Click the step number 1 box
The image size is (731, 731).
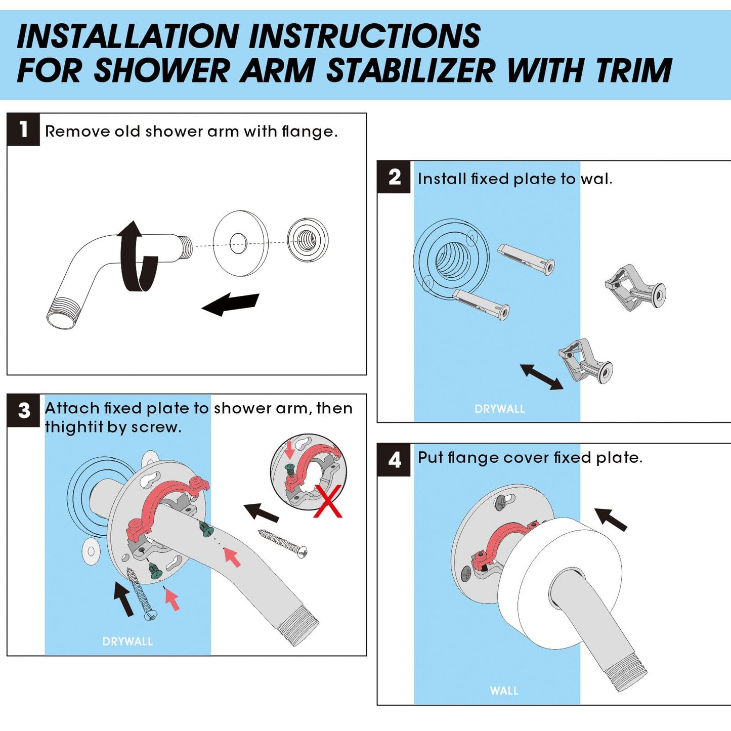(x=23, y=130)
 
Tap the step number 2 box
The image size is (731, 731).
(x=394, y=177)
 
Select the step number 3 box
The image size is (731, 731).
(x=23, y=410)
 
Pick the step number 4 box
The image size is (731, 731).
(x=394, y=460)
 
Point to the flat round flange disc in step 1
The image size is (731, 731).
(x=240, y=243)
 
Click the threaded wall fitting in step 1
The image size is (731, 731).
(x=308, y=240)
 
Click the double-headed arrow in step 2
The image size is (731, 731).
(x=541, y=377)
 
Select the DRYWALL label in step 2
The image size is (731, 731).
(x=499, y=409)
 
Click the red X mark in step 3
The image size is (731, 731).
(x=328, y=501)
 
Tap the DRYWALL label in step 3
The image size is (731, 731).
(x=127, y=641)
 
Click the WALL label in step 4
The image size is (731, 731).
(x=504, y=691)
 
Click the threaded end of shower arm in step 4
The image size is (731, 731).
(x=627, y=673)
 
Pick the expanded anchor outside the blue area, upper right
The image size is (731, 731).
(x=635, y=288)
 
